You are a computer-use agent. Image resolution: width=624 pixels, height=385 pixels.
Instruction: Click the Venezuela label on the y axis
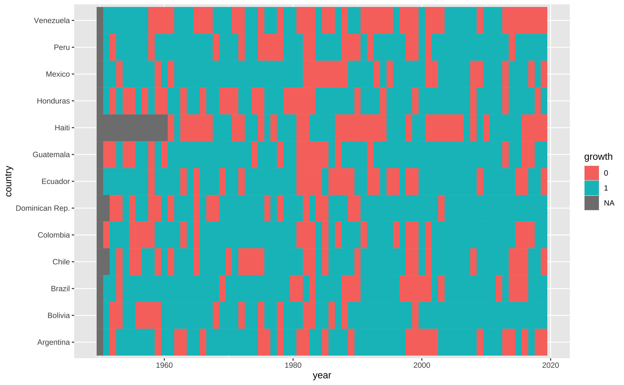[x=52, y=20]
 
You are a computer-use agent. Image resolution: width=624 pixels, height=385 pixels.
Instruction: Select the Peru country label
[x=62, y=47]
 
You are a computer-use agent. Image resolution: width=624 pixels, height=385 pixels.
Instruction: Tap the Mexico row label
[x=58, y=74]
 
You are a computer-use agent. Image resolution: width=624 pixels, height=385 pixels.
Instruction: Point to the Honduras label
[x=53, y=101]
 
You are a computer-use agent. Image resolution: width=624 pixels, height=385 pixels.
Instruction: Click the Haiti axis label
[x=62, y=128]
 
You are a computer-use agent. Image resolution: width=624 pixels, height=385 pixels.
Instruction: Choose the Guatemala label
[x=51, y=155]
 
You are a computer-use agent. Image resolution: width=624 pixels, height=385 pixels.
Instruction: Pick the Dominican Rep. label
[x=42, y=208]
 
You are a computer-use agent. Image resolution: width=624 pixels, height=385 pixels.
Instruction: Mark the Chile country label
[x=61, y=262]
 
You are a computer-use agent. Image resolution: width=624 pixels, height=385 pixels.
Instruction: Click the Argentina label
[x=53, y=342]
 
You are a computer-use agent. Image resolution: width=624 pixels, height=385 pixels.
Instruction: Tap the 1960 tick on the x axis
[x=164, y=365]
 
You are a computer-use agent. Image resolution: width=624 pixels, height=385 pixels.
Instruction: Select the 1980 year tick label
[x=293, y=365]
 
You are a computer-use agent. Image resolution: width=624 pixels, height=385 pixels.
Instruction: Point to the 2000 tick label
[x=422, y=365]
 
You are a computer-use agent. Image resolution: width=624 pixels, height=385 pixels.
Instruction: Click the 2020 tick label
[x=550, y=365]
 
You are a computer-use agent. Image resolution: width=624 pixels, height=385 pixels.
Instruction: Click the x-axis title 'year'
[x=322, y=375]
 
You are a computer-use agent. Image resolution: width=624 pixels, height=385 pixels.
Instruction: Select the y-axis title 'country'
[x=9, y=181]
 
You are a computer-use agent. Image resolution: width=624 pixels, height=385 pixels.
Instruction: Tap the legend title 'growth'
[x=598, y=157]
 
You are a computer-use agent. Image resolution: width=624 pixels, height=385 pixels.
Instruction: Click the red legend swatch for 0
[x=591, y=173]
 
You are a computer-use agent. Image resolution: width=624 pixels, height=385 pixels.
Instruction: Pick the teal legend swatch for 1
[x=591, y=188]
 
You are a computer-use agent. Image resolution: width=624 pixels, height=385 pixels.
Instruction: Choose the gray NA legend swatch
[x=591, y=203]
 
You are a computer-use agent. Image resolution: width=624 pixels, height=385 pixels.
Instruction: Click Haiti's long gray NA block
[x=132, y=128]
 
